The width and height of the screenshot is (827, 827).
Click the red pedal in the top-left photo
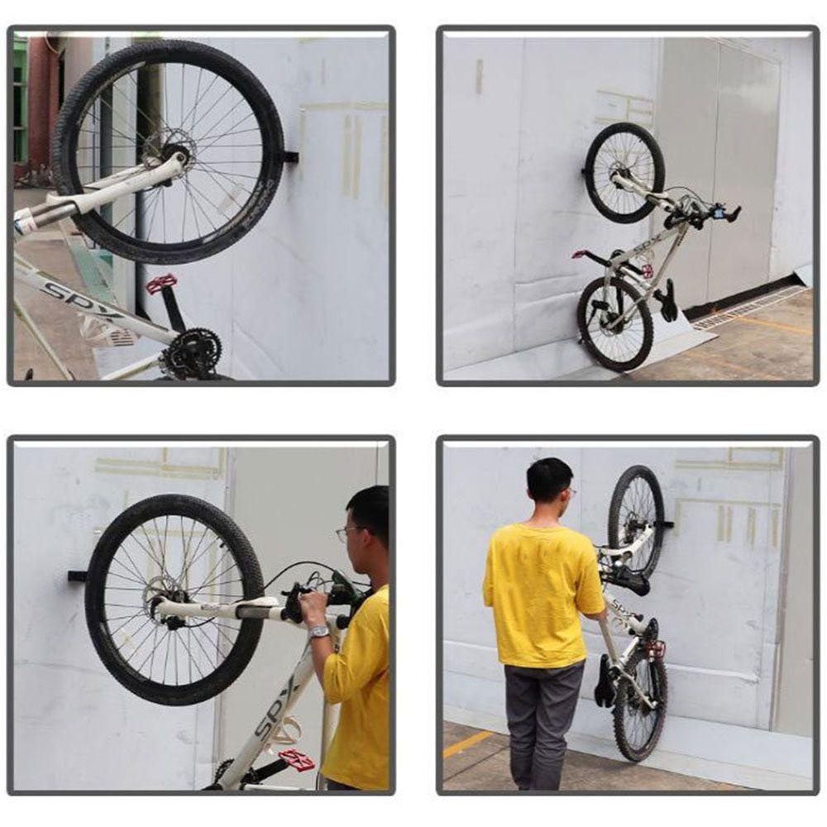point(161,284)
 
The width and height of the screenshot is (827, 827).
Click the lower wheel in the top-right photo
point(615,323)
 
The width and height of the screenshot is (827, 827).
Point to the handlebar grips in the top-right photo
point(719,213)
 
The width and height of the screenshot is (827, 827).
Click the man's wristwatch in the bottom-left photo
point(319,632)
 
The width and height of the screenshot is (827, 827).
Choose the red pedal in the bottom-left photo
point(296,759)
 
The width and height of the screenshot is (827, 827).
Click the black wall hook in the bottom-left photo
point(77,576)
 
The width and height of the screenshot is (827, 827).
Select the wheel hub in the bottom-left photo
point(169,608)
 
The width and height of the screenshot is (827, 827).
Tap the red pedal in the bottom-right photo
point(656,649)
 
